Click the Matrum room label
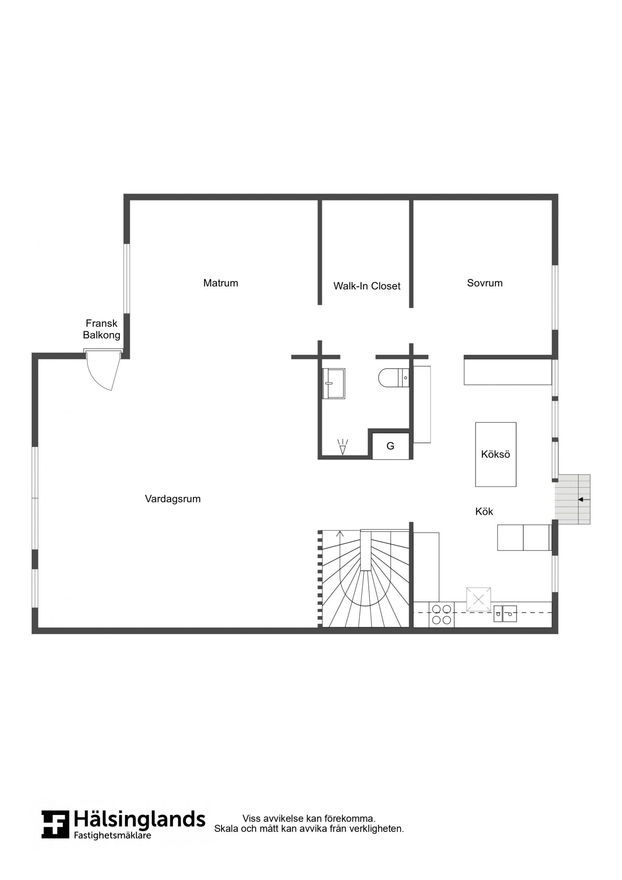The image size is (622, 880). coord(220,283)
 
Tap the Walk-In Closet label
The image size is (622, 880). coord(367,286)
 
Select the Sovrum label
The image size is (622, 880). coord(485,283)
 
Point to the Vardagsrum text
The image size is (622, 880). coord(173,499)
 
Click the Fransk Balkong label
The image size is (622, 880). coord(101,329)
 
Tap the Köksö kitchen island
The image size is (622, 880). coord(496,454)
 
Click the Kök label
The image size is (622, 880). coord(484,511)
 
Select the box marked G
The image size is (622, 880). coord(391,446)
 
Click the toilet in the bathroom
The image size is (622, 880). coord(393,377)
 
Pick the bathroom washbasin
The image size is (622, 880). coord(334,384)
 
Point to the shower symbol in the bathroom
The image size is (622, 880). coord(342,447)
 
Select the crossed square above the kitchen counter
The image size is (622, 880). coord(479,599)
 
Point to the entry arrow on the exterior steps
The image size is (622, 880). coord(584,499)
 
